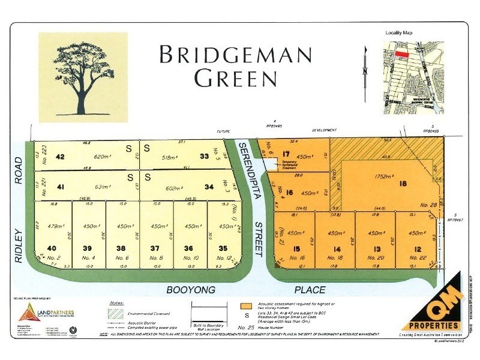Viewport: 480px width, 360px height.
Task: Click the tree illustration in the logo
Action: click(83, 76)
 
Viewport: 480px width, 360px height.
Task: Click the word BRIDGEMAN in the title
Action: click(236, 55)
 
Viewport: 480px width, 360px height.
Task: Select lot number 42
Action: click(60, 157)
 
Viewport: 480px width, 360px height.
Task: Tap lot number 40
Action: click(51, 248)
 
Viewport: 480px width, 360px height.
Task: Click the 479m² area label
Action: click(55, 226)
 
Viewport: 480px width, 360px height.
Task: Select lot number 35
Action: click(223, 248)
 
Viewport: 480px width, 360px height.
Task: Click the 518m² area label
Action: click(173, 157)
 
